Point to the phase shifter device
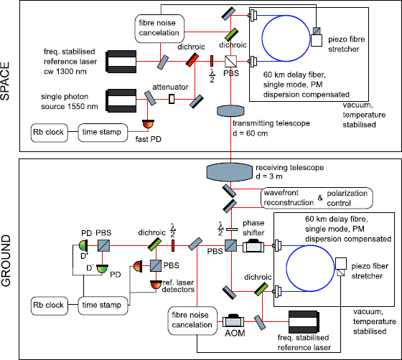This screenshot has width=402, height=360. [x=253, y=247]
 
